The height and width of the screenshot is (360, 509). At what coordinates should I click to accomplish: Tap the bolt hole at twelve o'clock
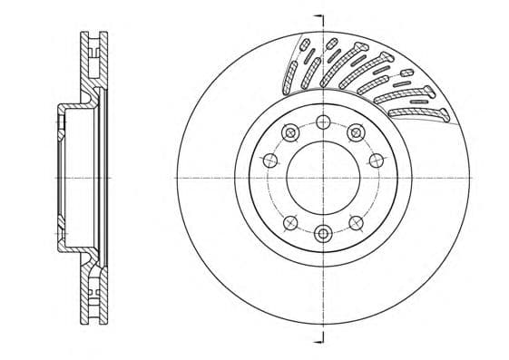[323, 122]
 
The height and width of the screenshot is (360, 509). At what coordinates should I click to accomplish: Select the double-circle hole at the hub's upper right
[356, 132]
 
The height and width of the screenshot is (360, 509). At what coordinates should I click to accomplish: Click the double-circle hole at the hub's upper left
[289, 133]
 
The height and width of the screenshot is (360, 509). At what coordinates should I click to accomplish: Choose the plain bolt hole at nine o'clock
[269, 161]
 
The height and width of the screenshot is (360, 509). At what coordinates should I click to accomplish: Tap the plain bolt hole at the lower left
[289, 222]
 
